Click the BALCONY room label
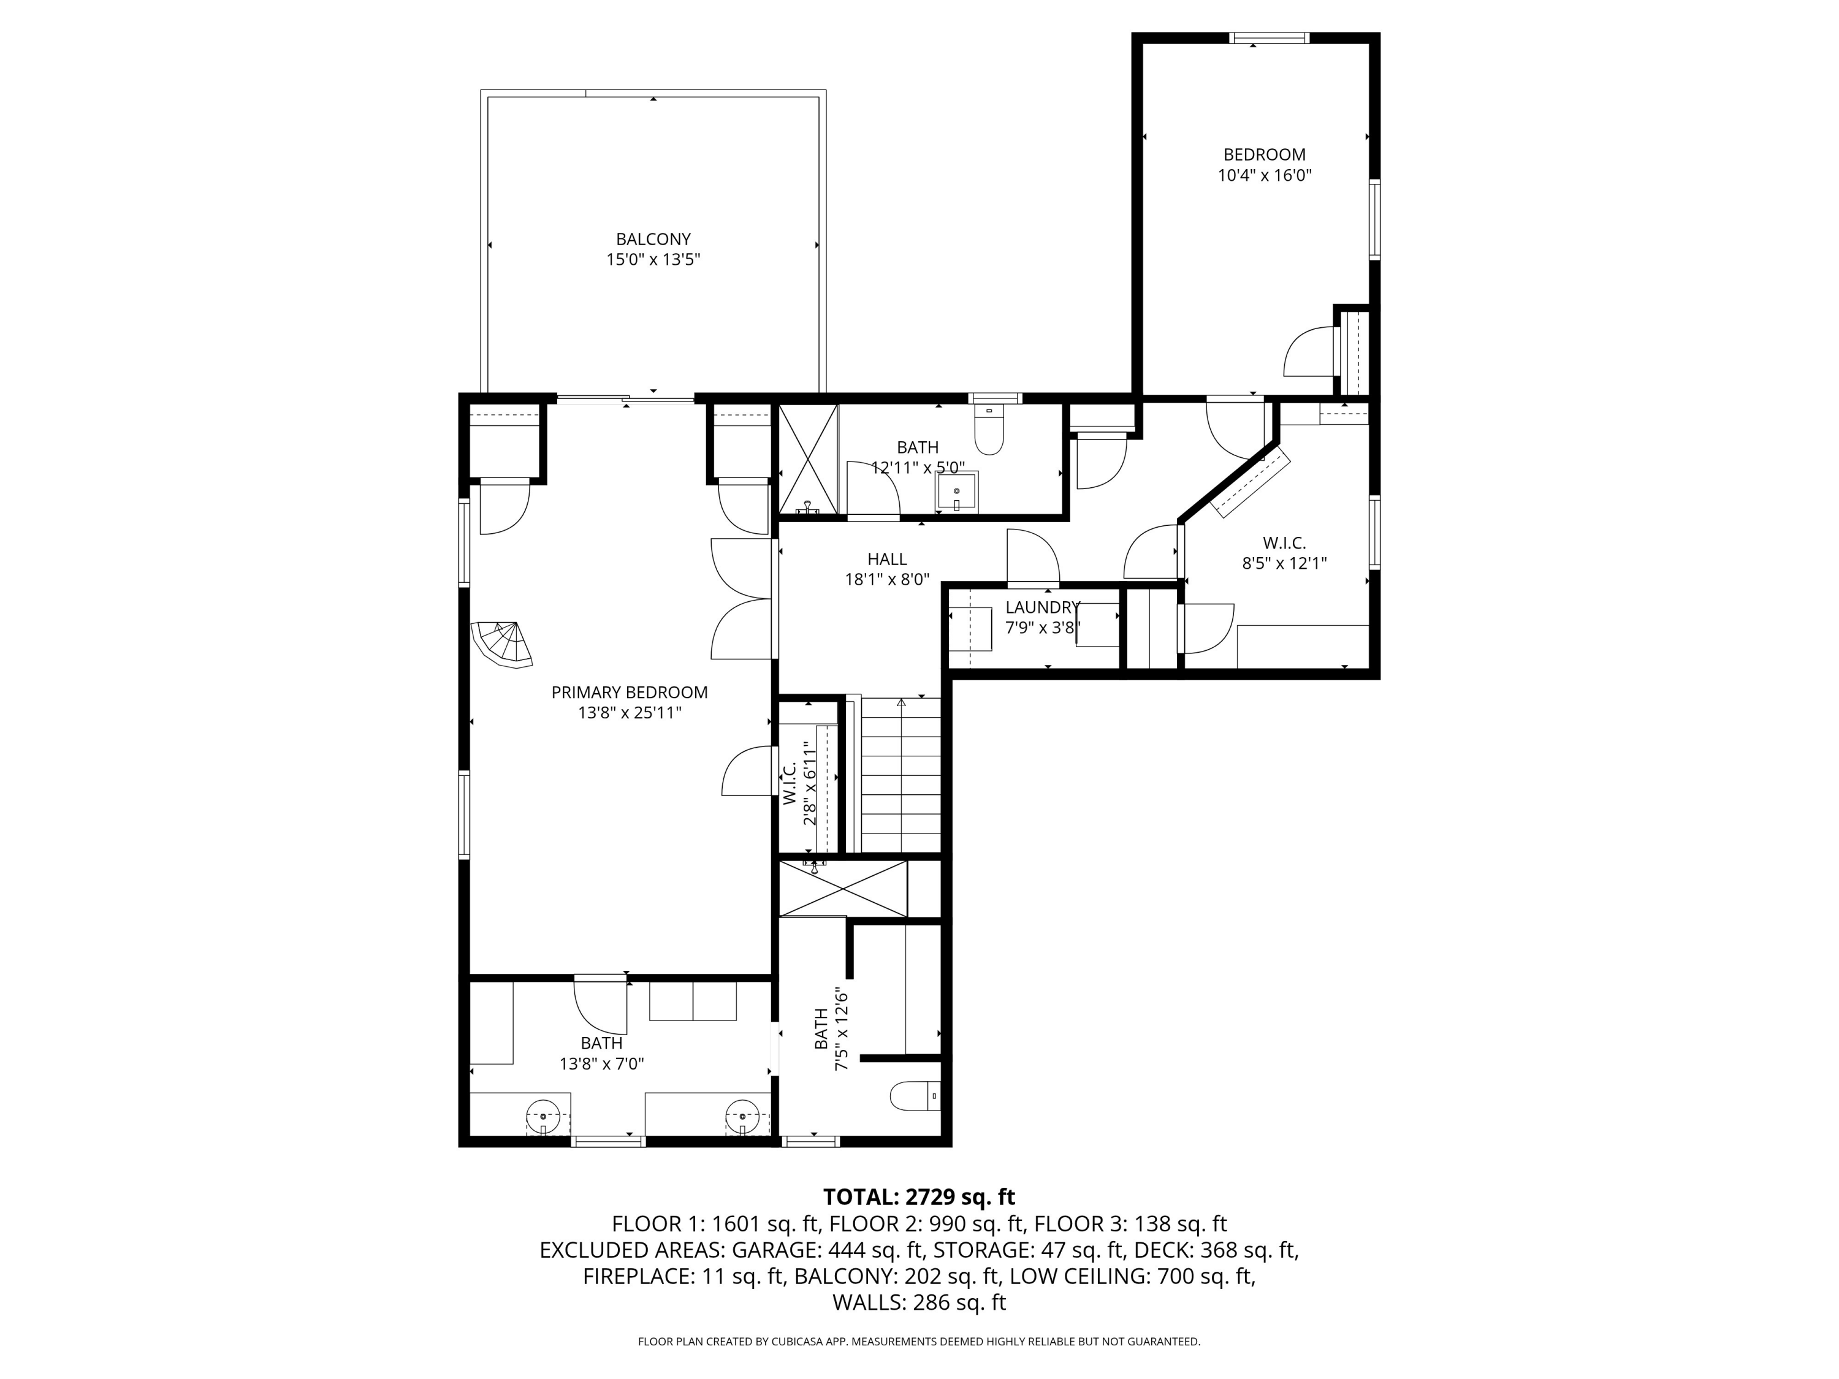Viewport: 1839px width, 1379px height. point(653,240)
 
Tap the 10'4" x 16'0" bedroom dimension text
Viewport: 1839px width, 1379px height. point(1265,175)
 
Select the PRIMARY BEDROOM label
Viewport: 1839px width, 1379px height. point(630,693)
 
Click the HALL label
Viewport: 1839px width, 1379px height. point(887,560)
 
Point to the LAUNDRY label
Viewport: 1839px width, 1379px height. point(1043,607)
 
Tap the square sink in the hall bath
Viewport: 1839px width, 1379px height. point(957,490)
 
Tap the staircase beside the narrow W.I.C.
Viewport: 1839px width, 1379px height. point(900,775)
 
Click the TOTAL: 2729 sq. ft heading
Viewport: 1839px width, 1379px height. point(919,1197)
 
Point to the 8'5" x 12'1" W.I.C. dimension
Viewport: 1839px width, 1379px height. point(1284,563)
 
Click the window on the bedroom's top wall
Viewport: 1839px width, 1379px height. point(1270,37)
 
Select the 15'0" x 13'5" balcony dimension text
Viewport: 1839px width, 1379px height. point(653,259)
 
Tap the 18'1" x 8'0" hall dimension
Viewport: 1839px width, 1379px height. point(887,579)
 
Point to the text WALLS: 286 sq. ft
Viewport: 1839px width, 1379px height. point(919,1302)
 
